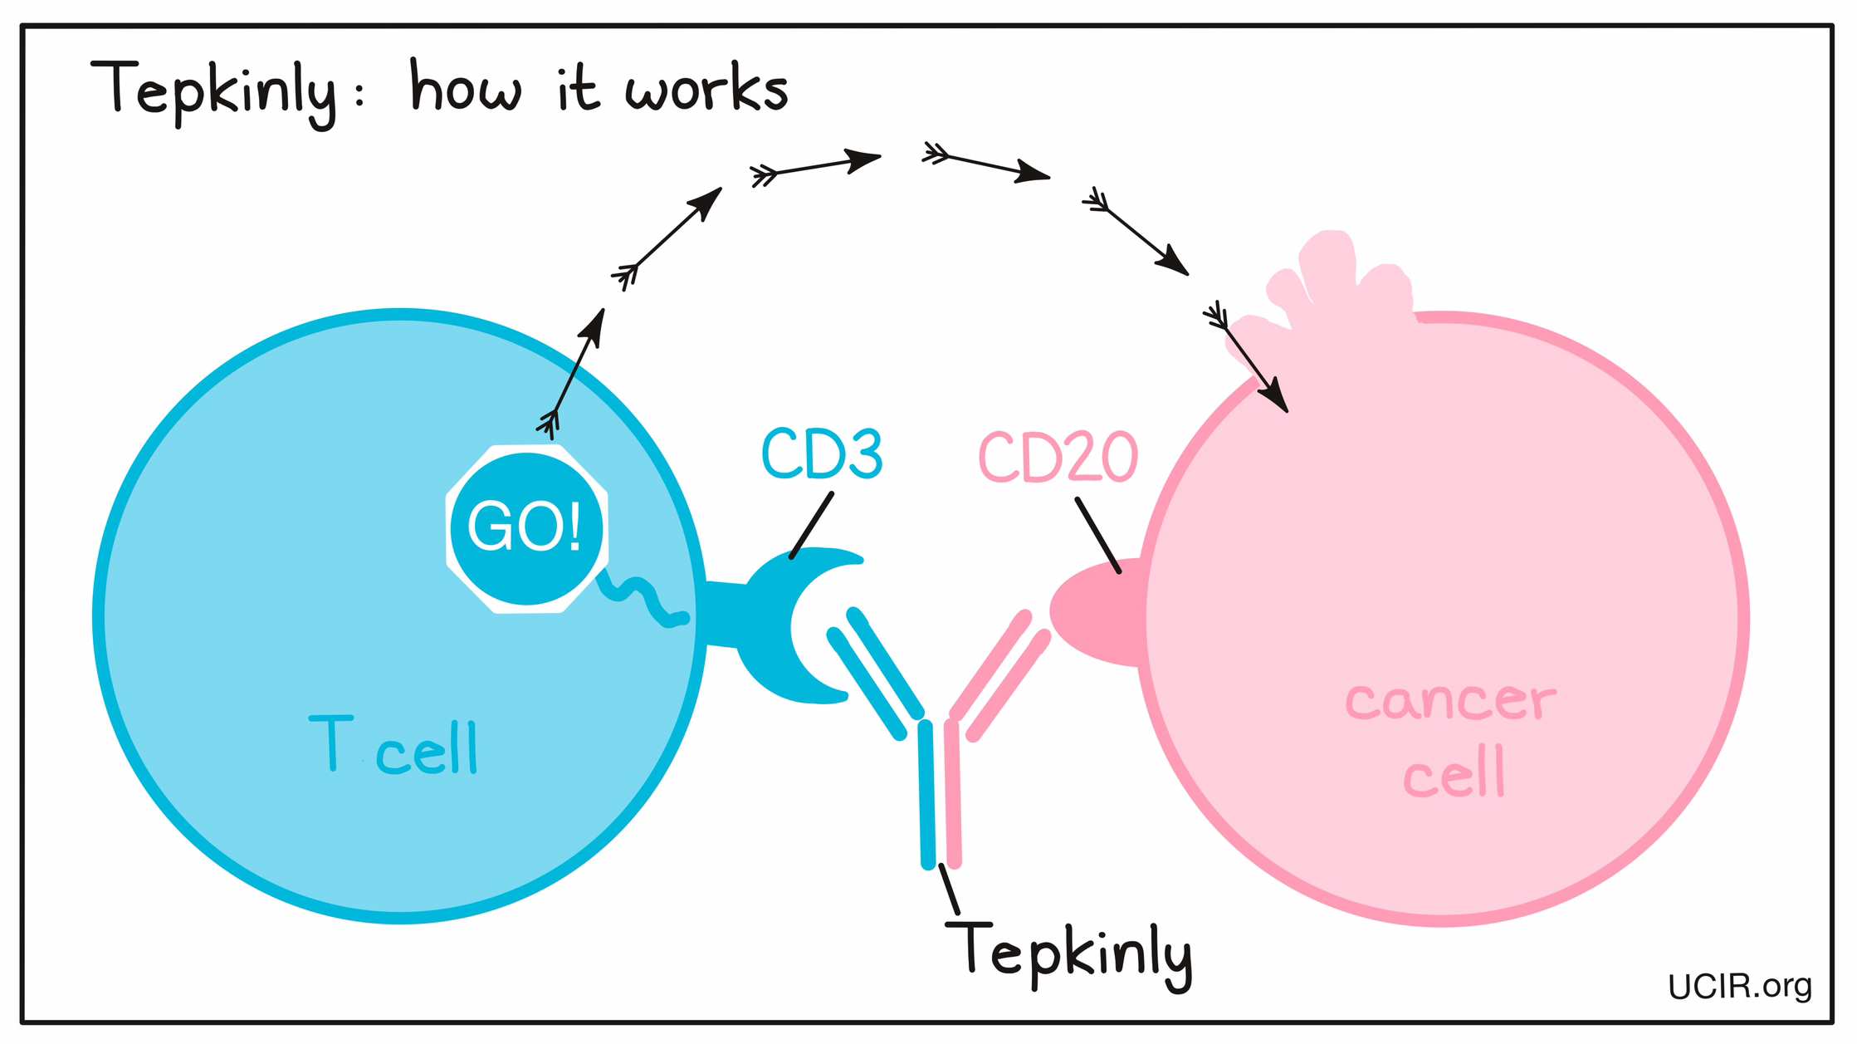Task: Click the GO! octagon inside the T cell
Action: point(527,528)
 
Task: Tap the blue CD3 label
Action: point(821,454)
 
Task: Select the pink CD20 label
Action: point(1058,457)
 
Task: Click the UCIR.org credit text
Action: point(1739,986)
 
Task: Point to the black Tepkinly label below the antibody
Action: point(1069,954)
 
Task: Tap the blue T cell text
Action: point(393,745)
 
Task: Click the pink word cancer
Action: point(1450,701)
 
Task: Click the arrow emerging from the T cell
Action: point(574,372)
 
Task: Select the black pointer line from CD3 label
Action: point(811,526)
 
